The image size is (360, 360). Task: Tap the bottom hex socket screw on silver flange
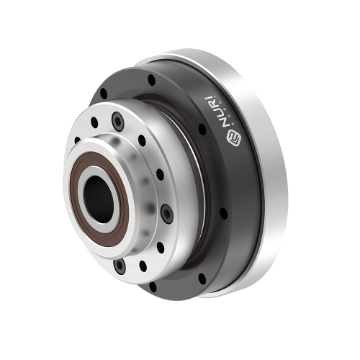pyautogui.click(x=120, y=266)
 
